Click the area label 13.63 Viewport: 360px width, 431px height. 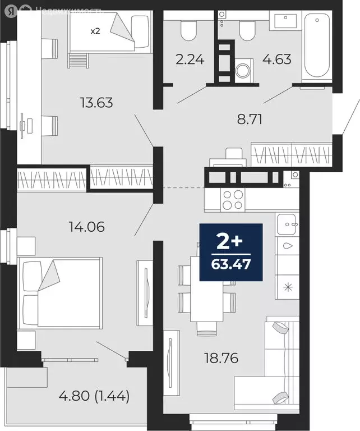pyautogui.click(x=97, y=102)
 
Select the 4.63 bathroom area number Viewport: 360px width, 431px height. pyautogui.click(x=276, y=58)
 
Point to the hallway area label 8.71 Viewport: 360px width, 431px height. pyautogui.click(x=250, y=118)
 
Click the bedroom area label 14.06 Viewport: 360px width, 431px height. pyautogui.click(x=86, y=227)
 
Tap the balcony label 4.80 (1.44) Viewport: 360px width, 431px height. pyautogui.click(x=94, y=397)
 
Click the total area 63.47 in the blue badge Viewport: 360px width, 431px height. pyautogui.click(x=231, y=262)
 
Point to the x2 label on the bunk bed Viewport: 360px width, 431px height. pyautogui.click(x=96, y=31)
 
